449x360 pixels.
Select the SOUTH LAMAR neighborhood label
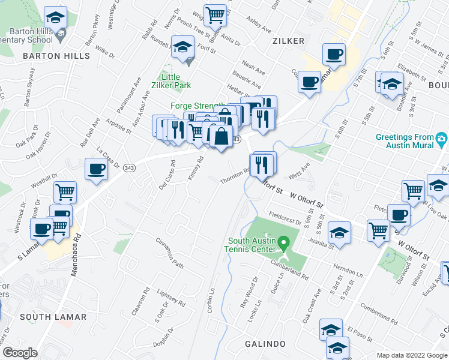pyautogui.click(x=53, y=316)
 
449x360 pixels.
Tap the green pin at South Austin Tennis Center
pyautogui.click(x=286, y=242)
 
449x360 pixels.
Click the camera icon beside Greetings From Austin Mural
pyautogui.click(x=442, y=140)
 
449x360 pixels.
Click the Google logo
pyautogui.click(x=20, y=352)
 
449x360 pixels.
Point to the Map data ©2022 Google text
pyautogui.click(x=412, y=355)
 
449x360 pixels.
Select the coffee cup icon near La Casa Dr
pyautogui.click(x=97, y=169)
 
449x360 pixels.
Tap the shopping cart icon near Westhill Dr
pyautogui.click(x=65, y=193)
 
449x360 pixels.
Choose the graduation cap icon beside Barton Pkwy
pyautogui.click(x=55, y=17)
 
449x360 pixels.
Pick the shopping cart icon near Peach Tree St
pyautogui.click(x=215, y=14)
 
